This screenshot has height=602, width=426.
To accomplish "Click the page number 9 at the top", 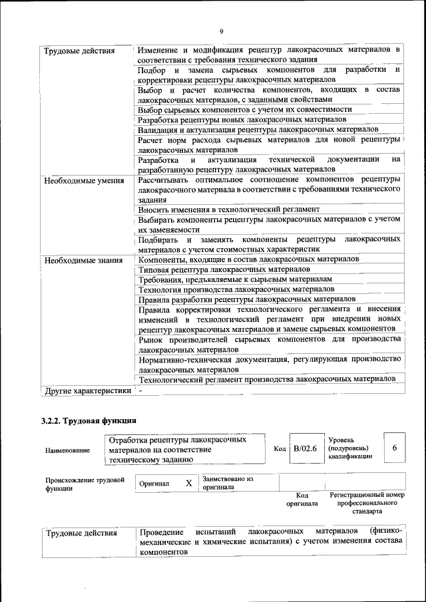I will point(220,31).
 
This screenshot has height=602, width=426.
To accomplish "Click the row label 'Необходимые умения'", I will point(83,180).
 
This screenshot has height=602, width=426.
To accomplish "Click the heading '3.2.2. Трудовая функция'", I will point(89,421).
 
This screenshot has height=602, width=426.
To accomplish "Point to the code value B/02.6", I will point(305,449).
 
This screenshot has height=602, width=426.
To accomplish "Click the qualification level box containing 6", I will point(395,449).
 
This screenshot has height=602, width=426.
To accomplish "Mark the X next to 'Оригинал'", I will point(188,483).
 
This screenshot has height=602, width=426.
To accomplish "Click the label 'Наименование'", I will point(67,450).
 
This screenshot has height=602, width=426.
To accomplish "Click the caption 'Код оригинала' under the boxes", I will point(302,500).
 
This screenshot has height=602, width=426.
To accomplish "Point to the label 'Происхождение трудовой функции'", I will point(85,483).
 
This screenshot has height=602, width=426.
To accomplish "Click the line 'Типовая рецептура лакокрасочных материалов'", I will point(224,269).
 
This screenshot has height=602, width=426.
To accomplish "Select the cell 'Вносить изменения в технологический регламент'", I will point(229,209).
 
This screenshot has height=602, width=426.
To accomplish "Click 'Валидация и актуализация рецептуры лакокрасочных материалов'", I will point(258,129).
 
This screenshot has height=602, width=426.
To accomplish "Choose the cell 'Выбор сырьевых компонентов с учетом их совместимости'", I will point(244,109).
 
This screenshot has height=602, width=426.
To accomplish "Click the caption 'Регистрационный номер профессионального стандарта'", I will point(367,504).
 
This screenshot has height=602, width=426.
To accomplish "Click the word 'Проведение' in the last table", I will point(161,532).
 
